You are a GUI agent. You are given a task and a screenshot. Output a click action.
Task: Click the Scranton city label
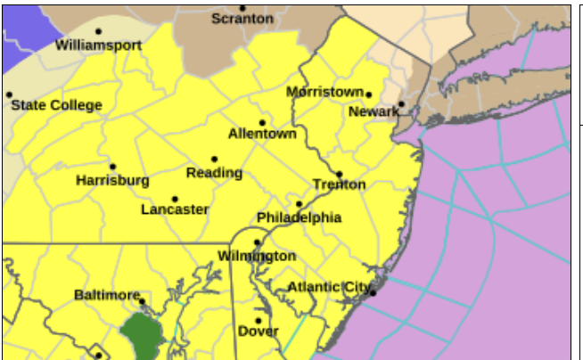[x=242, y=19]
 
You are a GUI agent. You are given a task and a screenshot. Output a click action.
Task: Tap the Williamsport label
[x=98, y=45]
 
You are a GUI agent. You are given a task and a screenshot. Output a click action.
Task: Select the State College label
[x=56, y=105]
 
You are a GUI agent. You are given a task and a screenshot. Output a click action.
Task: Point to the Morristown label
[x=324, y=92]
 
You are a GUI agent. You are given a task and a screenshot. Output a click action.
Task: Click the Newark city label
[x=374, y=111]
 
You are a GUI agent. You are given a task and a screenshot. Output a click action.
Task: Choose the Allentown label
[x=262, y=134]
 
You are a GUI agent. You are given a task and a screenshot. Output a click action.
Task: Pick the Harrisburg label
[x=112, y=180]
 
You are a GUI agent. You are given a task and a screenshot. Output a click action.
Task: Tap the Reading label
[x=214, y=172]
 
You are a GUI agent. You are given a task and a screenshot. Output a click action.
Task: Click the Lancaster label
[x=175, y=209]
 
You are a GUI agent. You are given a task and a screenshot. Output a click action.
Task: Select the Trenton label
[x=339, y=184]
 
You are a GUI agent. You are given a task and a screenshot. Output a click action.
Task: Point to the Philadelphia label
[x=299, y=217]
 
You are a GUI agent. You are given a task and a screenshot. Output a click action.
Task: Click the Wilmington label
[x=257, y=257]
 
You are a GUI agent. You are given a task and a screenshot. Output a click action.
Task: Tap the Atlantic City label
[x=327, y=287]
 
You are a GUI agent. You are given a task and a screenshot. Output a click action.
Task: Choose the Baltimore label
[x=107, y=295]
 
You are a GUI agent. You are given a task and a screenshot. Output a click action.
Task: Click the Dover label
[x=259, y=331]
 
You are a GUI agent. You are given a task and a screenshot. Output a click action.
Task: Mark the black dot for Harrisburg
[x=112, y=167]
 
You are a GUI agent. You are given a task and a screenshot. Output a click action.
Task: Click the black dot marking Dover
[x=259, y=321]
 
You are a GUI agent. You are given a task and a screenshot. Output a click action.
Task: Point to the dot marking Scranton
[x=242, y=8]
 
